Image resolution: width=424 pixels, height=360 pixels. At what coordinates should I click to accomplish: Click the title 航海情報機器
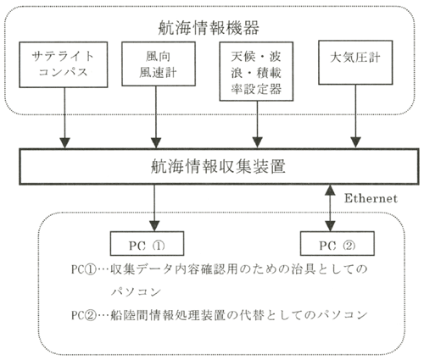pos(209,28)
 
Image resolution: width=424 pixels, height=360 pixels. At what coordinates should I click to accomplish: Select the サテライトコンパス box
pos(64,64)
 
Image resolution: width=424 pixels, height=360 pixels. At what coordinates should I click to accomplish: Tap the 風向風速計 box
pos(159,64)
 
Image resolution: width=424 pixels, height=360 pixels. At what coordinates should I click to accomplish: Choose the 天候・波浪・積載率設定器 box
pos(256,71)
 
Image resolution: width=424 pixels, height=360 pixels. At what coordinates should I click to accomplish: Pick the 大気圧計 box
pos(355,63)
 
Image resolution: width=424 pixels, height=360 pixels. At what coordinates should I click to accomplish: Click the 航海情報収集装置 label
pos(218,166)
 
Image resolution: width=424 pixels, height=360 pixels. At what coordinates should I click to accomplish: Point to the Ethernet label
pos(371,198)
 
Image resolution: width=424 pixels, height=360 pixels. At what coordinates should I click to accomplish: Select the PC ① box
pos(147,244)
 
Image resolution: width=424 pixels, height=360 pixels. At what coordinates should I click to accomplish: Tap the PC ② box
pos(338,244)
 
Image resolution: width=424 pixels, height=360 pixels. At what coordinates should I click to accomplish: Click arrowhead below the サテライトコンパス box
pos(65,142)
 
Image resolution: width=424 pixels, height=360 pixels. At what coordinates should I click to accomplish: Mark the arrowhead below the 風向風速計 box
pos(156,142)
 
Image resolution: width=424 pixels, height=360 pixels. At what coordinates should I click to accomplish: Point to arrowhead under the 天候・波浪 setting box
pos(257,142)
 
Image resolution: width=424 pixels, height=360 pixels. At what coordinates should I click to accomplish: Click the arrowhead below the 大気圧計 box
pos(355,142)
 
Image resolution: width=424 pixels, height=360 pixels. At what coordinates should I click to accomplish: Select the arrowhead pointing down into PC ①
pos(154,226)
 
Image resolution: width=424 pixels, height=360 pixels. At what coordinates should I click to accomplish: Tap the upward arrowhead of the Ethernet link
pos(330,190)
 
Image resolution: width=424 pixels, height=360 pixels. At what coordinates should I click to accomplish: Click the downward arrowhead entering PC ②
pos(330,226)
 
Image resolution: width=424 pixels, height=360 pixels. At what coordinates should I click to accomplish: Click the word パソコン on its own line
pos(136,291)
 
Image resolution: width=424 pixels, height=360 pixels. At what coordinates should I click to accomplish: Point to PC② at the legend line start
pos(84,315)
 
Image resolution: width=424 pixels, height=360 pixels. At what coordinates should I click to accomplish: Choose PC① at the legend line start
pos(84,269)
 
